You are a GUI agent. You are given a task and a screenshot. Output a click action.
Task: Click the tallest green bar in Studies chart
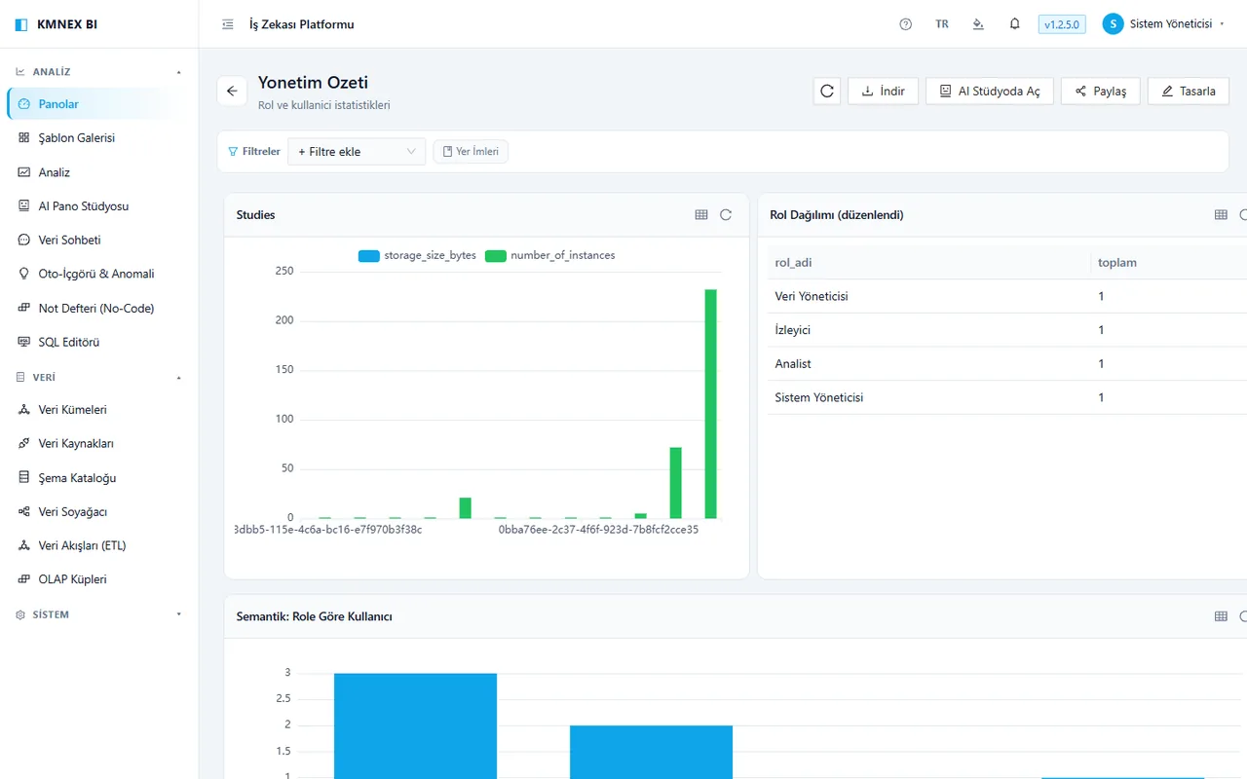[710, 404]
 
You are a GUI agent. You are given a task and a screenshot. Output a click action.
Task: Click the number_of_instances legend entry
[550, 255]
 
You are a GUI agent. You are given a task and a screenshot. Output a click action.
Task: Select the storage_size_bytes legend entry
[417, 255]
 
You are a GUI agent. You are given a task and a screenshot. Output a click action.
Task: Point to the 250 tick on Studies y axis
[284, 271]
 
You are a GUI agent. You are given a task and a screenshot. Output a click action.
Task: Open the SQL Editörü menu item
[68, 342]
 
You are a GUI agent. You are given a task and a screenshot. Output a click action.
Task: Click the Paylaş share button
[1101, 92]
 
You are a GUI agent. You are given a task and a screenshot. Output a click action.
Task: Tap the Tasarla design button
[1189, 92]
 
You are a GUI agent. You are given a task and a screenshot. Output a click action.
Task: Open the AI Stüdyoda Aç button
[990, 92]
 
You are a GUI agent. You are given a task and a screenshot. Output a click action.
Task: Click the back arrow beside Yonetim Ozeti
[232, 92]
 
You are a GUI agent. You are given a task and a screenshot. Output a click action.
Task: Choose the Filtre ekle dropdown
[357, 151]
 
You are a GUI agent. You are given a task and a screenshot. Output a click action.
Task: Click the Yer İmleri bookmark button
[471, 151]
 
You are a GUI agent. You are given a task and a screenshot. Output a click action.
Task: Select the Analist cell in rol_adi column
[793, 364]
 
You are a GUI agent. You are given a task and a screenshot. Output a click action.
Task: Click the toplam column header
[1117, 263]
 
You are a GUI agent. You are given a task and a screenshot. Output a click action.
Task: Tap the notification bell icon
[1015, 24]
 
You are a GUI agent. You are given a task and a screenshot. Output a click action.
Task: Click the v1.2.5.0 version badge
[1062, 24]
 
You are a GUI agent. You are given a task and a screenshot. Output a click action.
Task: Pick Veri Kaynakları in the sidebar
[76, 443]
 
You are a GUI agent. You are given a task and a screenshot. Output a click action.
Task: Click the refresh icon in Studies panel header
[726, 215]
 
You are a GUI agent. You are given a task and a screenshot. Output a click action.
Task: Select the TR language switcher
[942, 24]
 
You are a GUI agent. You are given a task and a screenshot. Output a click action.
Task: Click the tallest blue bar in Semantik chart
[415, 726]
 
